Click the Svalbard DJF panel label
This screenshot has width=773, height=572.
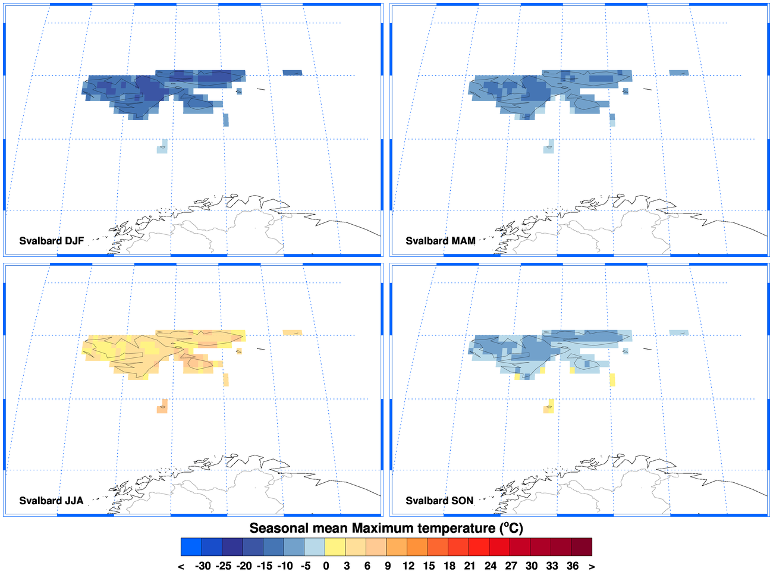click(51, 241)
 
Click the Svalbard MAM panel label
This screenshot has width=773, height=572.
click(440, 241)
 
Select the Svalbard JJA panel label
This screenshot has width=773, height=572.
click(51, 501)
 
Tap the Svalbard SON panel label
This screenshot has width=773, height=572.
click(439, 501)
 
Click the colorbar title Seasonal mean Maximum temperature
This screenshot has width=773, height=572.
click(386, 528)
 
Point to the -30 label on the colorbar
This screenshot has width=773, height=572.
click(203, 565)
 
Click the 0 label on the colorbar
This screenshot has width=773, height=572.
click(326, 565)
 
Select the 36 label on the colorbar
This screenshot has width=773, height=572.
click(572, 565)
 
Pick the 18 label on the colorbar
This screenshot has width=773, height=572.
click(449, 565)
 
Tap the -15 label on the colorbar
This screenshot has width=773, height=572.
click(265, 565)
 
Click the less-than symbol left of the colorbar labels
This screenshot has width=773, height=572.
click(181, 566)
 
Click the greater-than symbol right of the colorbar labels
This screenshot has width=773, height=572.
click(592, 566)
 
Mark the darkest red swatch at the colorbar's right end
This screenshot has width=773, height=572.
click(582, 547)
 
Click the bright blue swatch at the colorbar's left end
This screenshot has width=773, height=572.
click(191, 547)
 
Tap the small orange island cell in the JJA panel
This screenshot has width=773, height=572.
click(162, 407)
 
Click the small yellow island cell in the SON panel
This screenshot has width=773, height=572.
click(549, 407)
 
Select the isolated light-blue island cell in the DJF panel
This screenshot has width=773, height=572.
click(162, 147)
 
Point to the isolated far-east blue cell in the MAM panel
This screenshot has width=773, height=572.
click(678, 73)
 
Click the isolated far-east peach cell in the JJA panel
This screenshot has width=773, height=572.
click(292, 332)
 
